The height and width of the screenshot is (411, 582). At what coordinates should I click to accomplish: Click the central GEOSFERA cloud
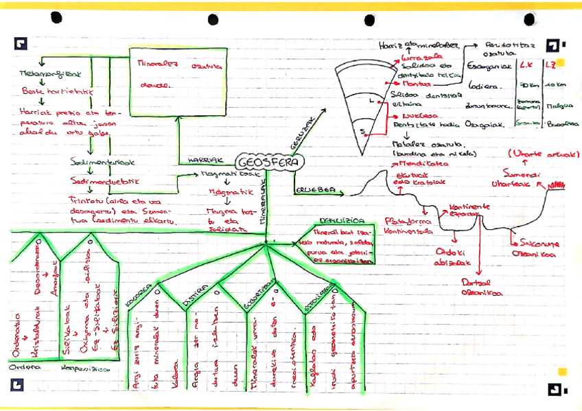tap(266, 162)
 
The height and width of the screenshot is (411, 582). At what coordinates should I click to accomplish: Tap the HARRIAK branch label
tap(203, 161)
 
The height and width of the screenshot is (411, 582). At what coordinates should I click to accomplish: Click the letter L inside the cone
tap(371, 101)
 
